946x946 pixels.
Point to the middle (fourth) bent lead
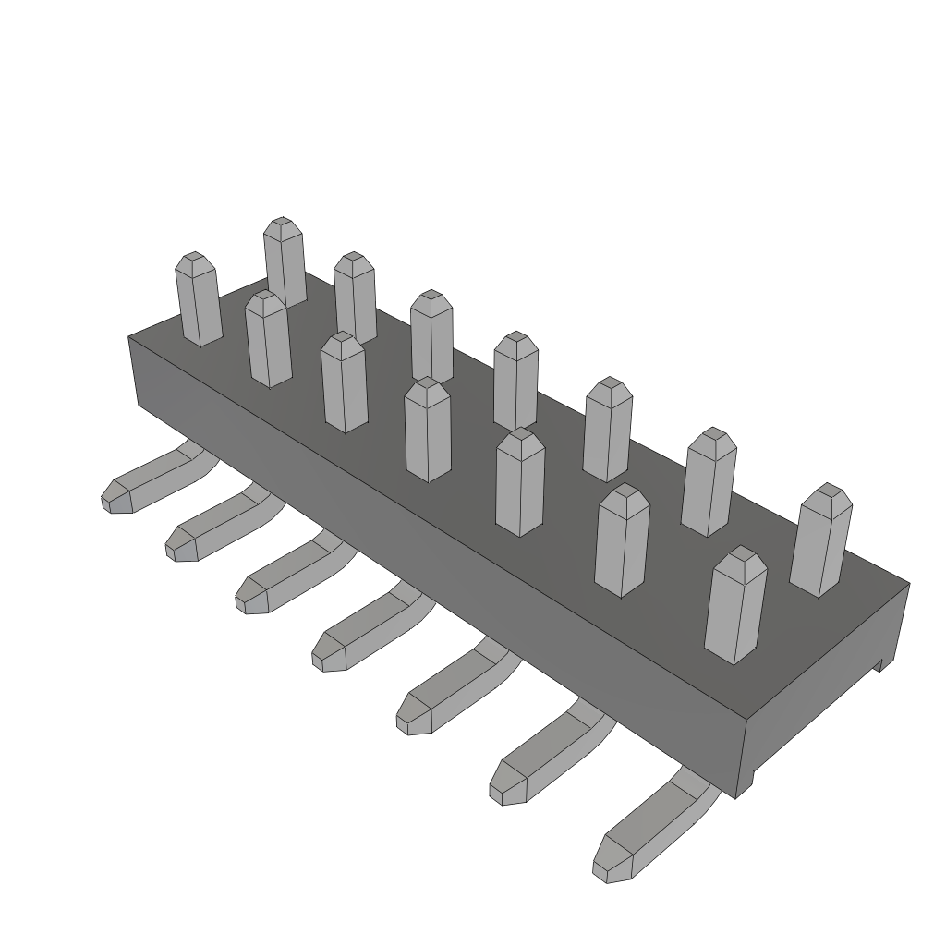tap(364, 632)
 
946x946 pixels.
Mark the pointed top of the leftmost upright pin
tap(194, 261)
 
